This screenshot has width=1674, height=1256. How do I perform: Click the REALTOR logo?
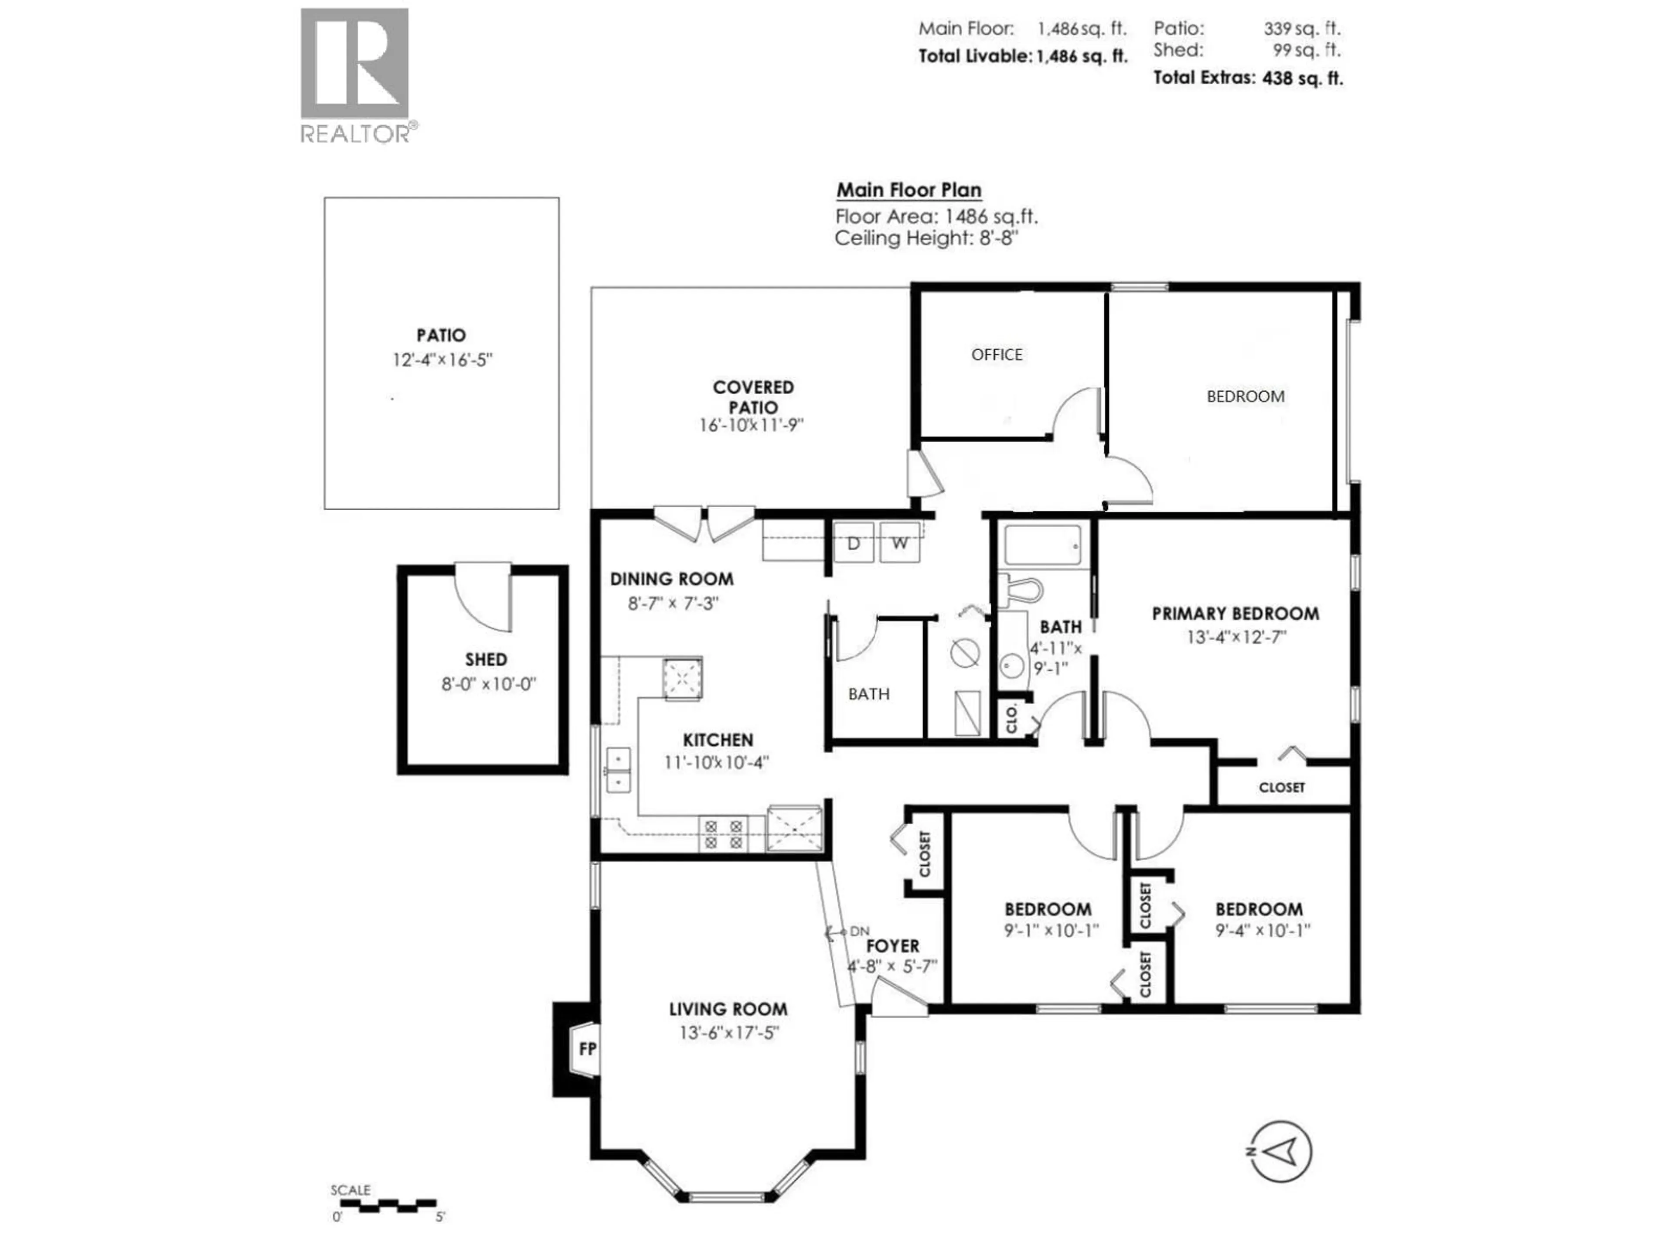click(356, 74)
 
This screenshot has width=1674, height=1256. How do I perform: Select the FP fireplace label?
click(587, 1049)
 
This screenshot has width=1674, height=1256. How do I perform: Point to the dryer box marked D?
click(853, 543)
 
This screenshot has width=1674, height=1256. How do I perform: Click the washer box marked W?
click(899, 543)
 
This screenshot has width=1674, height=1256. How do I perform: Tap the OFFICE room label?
click(997, 354)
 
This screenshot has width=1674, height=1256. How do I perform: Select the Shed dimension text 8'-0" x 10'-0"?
click(488, 684)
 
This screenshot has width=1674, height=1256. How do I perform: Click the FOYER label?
click(892, 945)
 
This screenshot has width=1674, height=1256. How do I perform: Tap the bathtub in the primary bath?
click(1042, 545)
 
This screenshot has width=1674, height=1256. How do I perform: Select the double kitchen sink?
click(618, 769)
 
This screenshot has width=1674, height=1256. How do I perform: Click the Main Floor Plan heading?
click(908, 190)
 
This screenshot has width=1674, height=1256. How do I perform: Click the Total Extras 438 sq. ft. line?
click(1247, 78)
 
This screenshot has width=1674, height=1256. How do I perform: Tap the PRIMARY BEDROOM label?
click(1235, 613)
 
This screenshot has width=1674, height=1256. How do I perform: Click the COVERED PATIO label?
click(753, 397)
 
